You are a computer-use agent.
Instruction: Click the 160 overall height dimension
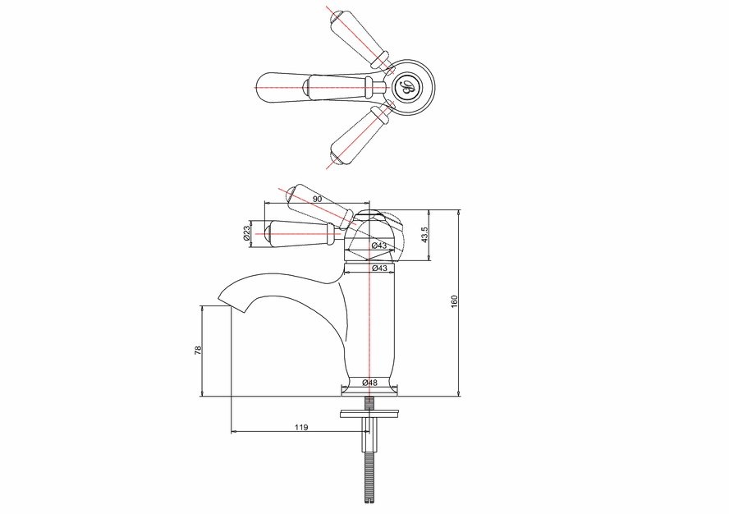(455, 301)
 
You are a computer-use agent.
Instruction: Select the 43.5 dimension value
(424, 235)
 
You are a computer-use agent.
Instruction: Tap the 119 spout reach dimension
(301, 427)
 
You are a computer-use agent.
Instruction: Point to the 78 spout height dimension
(198, 351)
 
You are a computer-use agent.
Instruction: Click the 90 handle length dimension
(317, 199)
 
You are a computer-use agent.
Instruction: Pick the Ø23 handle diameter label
(247, 232)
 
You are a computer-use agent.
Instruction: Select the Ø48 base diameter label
(369, 383)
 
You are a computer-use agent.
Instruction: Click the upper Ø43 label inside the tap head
(379, 246)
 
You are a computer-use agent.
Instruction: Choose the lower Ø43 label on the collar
(380, 268)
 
